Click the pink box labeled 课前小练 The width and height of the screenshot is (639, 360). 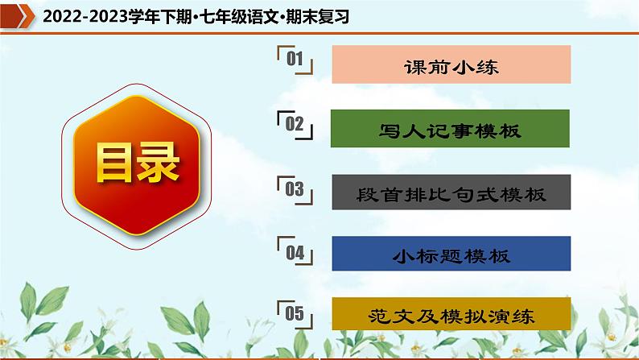451,65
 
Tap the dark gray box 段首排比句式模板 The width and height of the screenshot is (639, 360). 451,193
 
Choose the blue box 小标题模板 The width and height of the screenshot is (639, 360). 451,256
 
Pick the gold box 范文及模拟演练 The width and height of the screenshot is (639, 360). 451,316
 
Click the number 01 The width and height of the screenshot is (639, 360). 294,60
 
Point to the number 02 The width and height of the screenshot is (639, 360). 294,123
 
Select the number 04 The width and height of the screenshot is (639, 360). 294,252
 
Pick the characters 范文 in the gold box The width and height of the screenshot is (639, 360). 395,316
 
